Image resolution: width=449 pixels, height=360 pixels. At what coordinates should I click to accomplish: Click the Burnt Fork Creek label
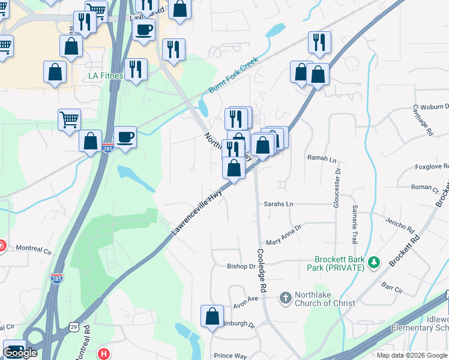point(233,75)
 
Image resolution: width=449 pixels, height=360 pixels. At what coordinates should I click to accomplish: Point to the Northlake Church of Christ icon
point(285,297)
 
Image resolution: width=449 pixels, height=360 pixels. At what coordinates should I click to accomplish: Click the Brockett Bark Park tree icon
point(374,262)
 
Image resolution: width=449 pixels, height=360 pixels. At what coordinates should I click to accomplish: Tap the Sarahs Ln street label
point(279,204)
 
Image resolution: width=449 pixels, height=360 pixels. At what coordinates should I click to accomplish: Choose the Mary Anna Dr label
point(283,233)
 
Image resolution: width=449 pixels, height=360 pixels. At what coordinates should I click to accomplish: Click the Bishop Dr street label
point(241,266)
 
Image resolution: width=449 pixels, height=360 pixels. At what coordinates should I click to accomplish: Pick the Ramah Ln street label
point(322,158)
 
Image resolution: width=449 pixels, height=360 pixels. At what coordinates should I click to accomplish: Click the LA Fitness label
point(106,76)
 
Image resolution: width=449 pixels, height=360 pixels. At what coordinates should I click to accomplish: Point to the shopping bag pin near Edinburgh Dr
point(212,316)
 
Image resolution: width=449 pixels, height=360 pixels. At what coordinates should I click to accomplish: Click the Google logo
point(20,353)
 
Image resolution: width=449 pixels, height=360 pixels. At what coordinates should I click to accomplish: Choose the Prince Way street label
point(231,355)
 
